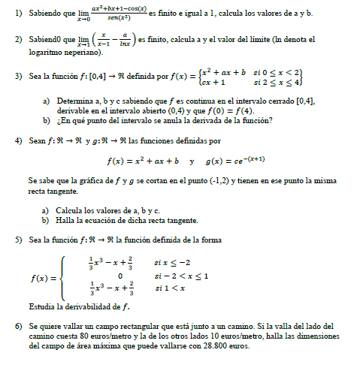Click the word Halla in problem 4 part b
[x=66, y=220]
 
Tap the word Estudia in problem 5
[x=42, y=306]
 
